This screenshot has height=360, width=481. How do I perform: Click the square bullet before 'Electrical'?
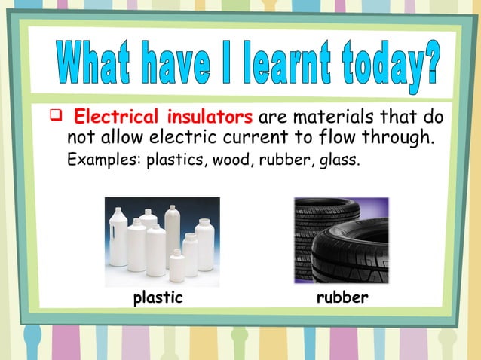pos(54,117)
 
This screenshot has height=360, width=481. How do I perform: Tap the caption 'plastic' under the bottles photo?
pos(158,298)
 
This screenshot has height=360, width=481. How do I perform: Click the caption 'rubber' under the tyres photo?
pos(343,298)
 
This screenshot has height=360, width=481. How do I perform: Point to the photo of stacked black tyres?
pos(341,239)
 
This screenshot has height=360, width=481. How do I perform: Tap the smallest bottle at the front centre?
pos(176,266)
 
